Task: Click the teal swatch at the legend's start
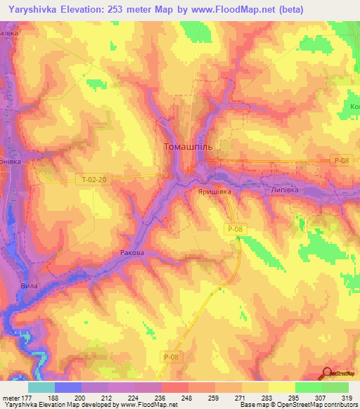pyautogui.click(x=41, y=387)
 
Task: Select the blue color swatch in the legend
pyautogui.click(x=67, y=387)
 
